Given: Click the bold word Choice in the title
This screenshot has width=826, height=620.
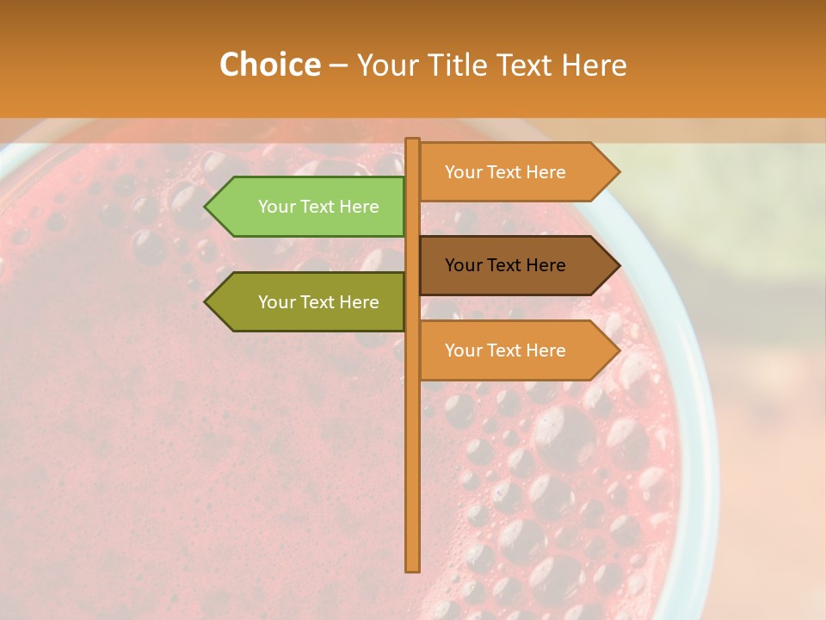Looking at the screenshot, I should (x=269, y=65).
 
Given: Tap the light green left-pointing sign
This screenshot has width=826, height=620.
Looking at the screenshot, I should (x=310, y=207).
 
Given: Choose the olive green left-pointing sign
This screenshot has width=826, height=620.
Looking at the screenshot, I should (x=310, y=302).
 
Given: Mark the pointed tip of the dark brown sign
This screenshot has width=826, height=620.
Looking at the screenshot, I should (x=618, y=265).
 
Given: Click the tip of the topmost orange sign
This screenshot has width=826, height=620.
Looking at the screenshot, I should (x=618, y=172).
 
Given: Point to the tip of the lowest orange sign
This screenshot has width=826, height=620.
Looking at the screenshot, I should (x=618, y=350).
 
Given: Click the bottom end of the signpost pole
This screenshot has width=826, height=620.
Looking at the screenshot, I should (x=412, y=568).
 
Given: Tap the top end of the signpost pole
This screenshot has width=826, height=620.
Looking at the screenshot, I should (x=412, y=140).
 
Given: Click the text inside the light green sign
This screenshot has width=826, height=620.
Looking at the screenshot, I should (x=318, y=207).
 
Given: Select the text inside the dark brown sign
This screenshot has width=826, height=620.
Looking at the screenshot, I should (x=505, y=265).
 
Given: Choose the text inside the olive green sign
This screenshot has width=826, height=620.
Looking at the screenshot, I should (x=318, y=302).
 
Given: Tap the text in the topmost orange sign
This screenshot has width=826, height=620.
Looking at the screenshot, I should (x=505, y=172).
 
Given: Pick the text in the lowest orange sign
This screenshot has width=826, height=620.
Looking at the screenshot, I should (x=505, y=350).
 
